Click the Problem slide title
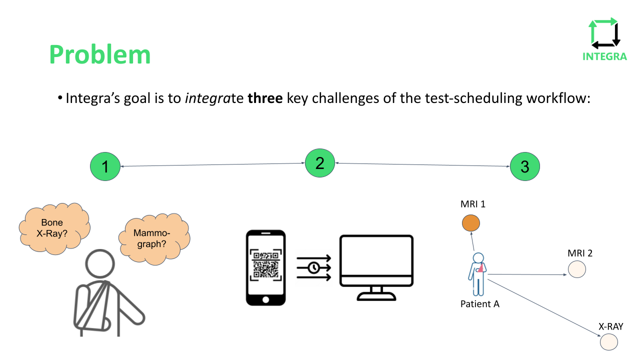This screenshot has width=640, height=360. pyautogui.click(x=100, y=54)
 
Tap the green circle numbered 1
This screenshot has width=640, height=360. pyautogui.click(x=105, y=166)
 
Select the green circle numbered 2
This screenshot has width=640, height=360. pyautogui.click(x=320, y=163)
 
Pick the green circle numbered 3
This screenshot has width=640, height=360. pyautogui.click(x=524, y=166)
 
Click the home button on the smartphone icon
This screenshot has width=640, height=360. pyautogui.click(x=265, y=299)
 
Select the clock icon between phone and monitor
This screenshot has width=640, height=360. pyautogui.click(x=313, y=267)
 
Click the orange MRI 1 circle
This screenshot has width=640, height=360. pyautogui.click(x=470, y=223)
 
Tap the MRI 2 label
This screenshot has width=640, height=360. pyautogui.click(x=580, y=253)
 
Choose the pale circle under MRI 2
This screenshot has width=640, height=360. pyautogui.click(x=576, y=270)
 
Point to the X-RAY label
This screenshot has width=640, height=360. pyautogui.click(x=611, y=327)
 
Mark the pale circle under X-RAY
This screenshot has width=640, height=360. pyautogui.click(x=609, y=342)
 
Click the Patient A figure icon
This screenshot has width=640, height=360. pyautogui.click(x=478, y=274)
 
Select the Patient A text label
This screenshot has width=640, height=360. pyautogui.click(x=480, y=303)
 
